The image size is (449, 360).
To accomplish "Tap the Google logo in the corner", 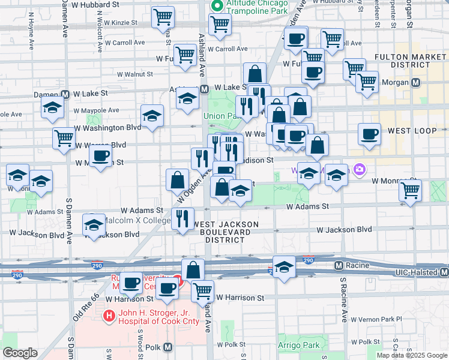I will (20, 353).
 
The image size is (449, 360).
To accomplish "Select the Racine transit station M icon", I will (339, 265).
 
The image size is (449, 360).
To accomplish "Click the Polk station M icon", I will (167, 347).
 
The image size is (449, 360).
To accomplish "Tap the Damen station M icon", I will (65, 94).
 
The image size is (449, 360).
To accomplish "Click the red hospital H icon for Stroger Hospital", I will (109, 315).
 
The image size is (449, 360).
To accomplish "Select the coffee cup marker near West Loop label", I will (370, 134).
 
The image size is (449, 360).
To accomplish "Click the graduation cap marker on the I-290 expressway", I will (284, 265).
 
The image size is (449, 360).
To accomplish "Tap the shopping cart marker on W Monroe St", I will (410, 190).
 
